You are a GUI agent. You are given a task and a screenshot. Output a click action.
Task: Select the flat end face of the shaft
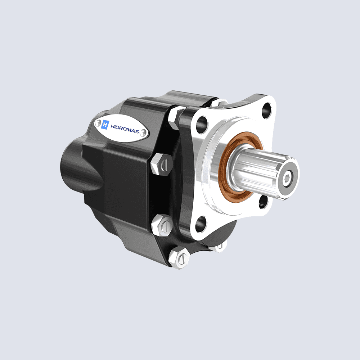point(288,176)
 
